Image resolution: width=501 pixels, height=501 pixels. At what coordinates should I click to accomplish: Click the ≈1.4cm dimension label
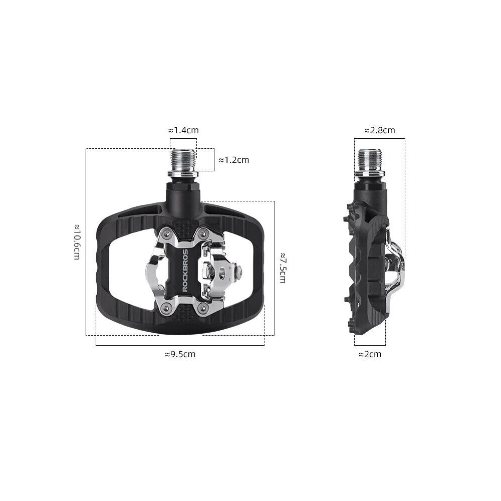click(x=183, y=130)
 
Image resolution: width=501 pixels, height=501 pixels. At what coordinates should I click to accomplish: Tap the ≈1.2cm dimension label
click(x=234, y=160)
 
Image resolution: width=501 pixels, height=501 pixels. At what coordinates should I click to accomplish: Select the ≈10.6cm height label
click(x=77, y=242)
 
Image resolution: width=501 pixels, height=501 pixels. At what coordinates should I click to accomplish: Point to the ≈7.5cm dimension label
click(x=283, y=268)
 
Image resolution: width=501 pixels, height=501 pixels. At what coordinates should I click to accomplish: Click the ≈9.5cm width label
click(x=180, y=354)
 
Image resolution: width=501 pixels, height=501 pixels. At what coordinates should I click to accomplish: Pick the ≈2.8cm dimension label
click(x=380, y=130)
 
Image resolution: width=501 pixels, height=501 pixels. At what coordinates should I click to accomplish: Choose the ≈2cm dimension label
click(x=370, y=354)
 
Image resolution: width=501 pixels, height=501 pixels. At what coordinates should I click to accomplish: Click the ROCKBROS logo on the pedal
click(x=185, y=271)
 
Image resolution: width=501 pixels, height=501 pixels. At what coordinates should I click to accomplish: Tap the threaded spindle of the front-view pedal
click(x=183, y=161)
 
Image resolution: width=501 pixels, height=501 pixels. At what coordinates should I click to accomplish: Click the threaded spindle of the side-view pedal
click(x=369, y=161)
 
